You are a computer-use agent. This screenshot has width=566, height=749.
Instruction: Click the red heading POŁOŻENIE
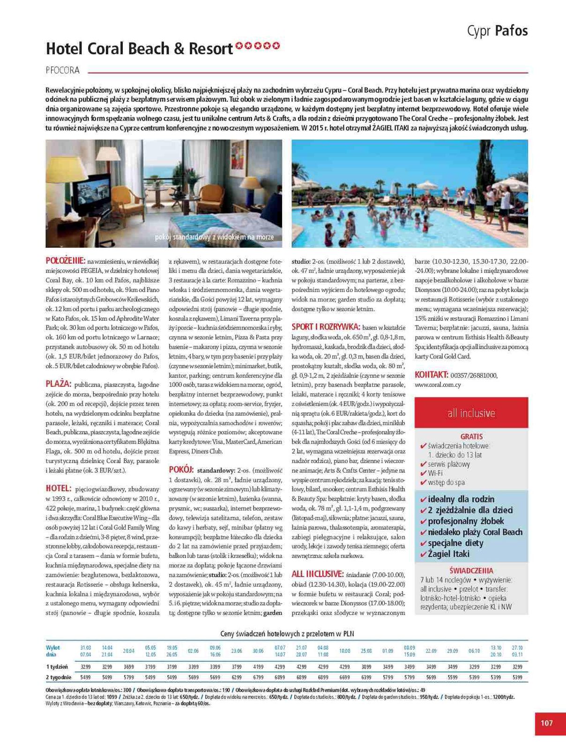(65, 261)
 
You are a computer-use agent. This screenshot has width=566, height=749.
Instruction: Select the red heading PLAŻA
(58, 384)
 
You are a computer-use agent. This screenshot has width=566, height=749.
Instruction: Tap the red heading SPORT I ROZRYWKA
(326, 327)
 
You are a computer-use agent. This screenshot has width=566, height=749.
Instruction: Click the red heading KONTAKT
(432, 374)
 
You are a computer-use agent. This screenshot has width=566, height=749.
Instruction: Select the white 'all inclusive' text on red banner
(471, 413)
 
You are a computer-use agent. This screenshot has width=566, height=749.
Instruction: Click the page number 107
(546, 723)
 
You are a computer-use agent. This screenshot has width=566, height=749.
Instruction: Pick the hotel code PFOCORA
(63, 71)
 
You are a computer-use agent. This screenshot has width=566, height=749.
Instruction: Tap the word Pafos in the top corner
(511, 31)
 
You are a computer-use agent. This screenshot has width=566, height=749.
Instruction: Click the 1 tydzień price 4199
(258, 667)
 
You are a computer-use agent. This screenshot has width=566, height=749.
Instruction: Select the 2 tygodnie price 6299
(237, 677)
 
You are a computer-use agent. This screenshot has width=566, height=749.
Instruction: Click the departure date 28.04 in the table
(128, 651)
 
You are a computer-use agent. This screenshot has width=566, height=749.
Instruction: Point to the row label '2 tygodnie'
(59, 677)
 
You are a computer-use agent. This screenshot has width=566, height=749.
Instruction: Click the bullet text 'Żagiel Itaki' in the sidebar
(447, 554)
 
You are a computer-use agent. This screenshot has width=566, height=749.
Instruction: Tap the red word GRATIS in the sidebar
(471, 436)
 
